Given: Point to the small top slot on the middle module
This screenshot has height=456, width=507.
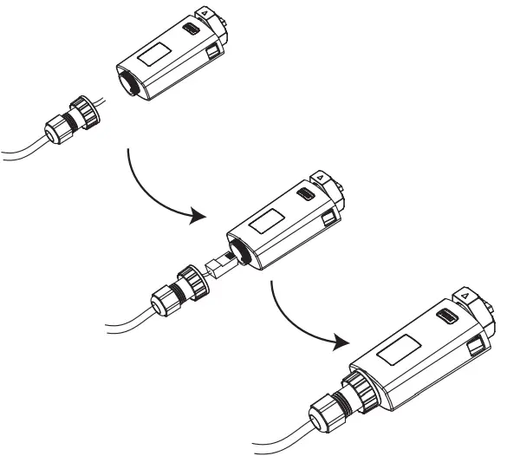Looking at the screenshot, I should pyautogui.click(x=307, y=197).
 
